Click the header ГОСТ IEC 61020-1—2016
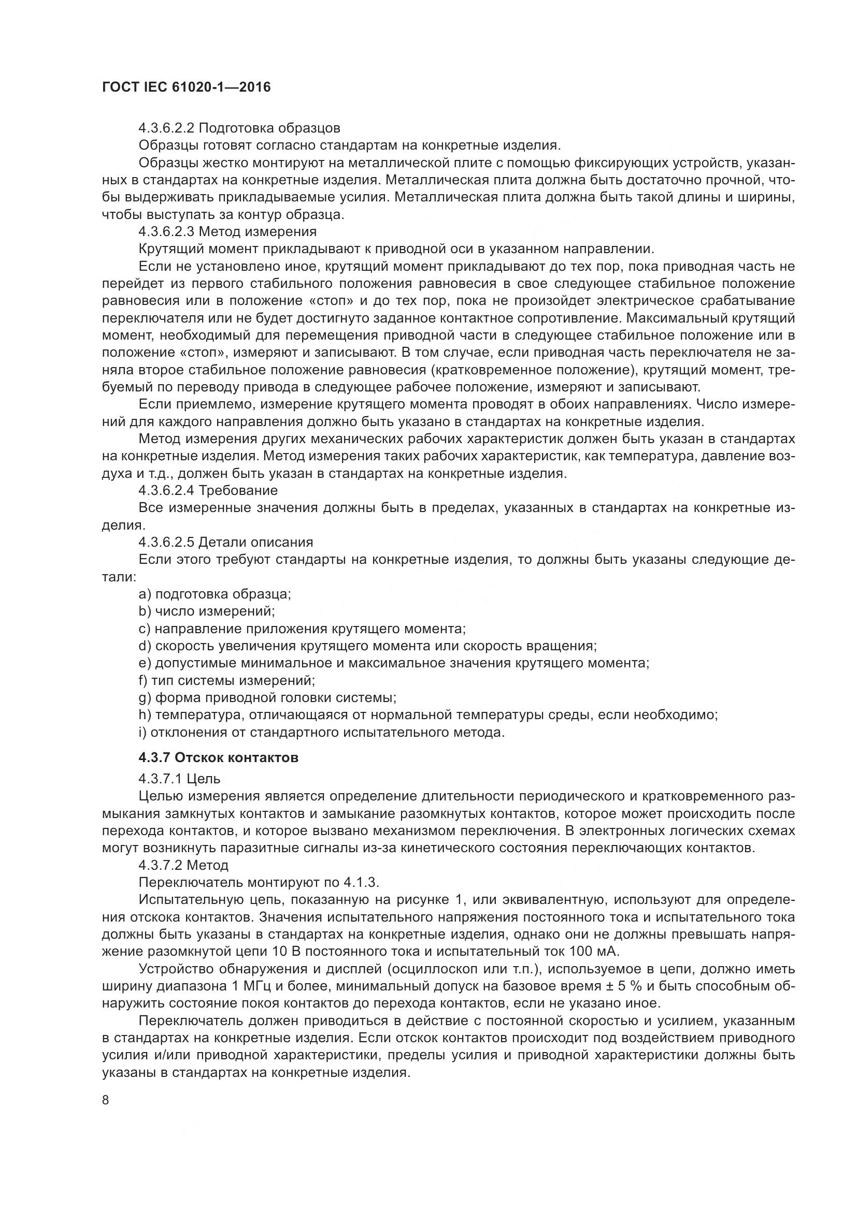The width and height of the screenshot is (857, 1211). point(187,87)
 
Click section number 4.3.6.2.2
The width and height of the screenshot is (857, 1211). point(167,128)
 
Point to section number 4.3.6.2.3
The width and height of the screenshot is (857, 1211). point(167,231)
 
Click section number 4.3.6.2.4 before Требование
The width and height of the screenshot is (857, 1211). point(167,490)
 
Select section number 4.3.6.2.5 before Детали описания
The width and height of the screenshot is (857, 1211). point(167,542)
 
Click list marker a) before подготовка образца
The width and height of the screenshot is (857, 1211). point(145,594)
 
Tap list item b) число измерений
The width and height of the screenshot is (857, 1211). point(206,611)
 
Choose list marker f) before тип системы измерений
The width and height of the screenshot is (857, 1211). point(143,680)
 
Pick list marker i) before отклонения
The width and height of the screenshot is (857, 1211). point(142,732)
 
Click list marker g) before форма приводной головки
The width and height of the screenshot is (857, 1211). point(145,698)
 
